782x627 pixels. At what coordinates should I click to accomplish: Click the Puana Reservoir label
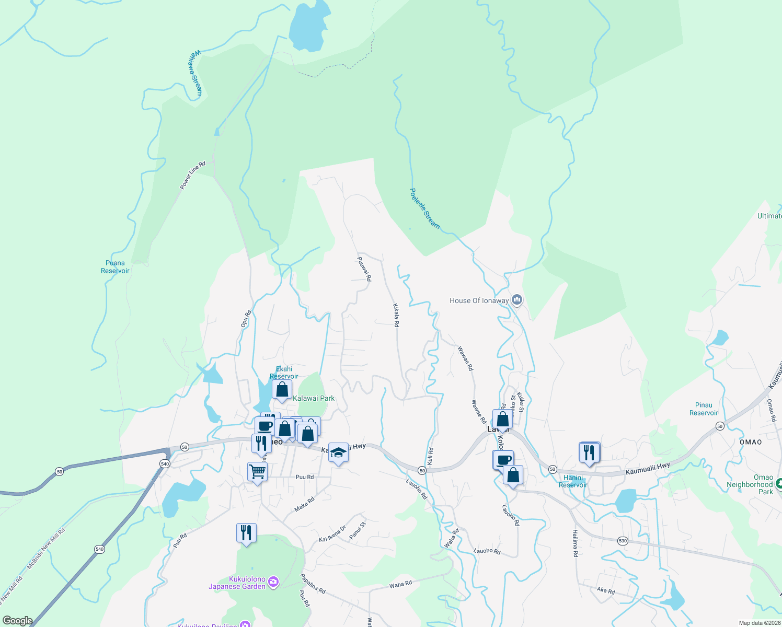(115, 267)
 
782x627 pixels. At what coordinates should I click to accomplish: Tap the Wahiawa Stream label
(195, 73)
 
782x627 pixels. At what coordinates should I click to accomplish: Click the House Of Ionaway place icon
(517, 300)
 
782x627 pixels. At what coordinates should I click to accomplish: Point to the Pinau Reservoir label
(704, 409)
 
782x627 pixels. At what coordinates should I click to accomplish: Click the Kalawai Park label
(314, 398)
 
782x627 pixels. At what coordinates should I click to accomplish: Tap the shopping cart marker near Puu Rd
(257, 471)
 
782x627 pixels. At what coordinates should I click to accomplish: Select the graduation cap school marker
(338, 452)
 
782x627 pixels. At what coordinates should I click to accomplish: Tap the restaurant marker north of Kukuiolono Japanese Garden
(246, 532)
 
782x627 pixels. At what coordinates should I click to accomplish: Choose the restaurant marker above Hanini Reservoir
(589, 452)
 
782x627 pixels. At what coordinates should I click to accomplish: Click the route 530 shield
(622, 541)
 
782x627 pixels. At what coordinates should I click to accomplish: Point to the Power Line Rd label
(193, 175)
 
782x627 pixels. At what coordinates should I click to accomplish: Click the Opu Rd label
(246, 319)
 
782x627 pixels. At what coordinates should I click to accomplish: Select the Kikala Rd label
(396, 315)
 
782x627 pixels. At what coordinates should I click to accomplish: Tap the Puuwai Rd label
(364, 269)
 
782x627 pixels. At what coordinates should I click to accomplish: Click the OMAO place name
(751, 442)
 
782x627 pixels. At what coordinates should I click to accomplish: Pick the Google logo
(17, 621)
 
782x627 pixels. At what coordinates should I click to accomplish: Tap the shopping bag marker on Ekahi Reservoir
(282, 390)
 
